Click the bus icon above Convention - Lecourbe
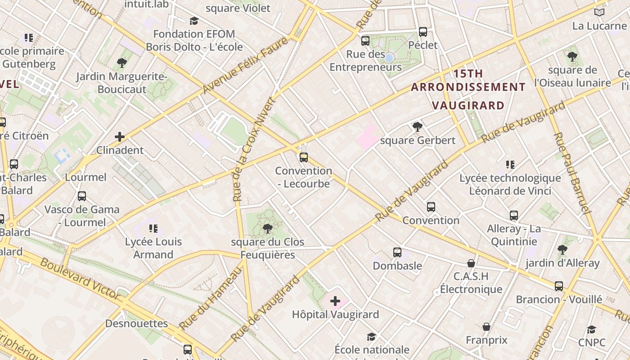[304, 157]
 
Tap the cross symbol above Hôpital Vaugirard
[335, 301]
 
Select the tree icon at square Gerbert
[418, 127]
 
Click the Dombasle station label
[397, 265]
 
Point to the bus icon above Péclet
[423, 31]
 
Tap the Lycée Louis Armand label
[153, 248]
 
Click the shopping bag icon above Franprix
[486, 326]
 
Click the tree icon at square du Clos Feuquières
[268, 229]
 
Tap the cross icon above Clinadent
[120, 136]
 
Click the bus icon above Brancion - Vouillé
[559, 286]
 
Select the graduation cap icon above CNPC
[592, 329]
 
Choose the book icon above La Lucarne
[599, 12]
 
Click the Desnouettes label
[136, 324]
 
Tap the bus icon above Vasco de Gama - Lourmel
[82, 196]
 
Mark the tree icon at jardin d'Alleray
[562, 249]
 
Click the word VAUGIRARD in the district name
[468, 105]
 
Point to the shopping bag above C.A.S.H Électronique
[471, 263]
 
